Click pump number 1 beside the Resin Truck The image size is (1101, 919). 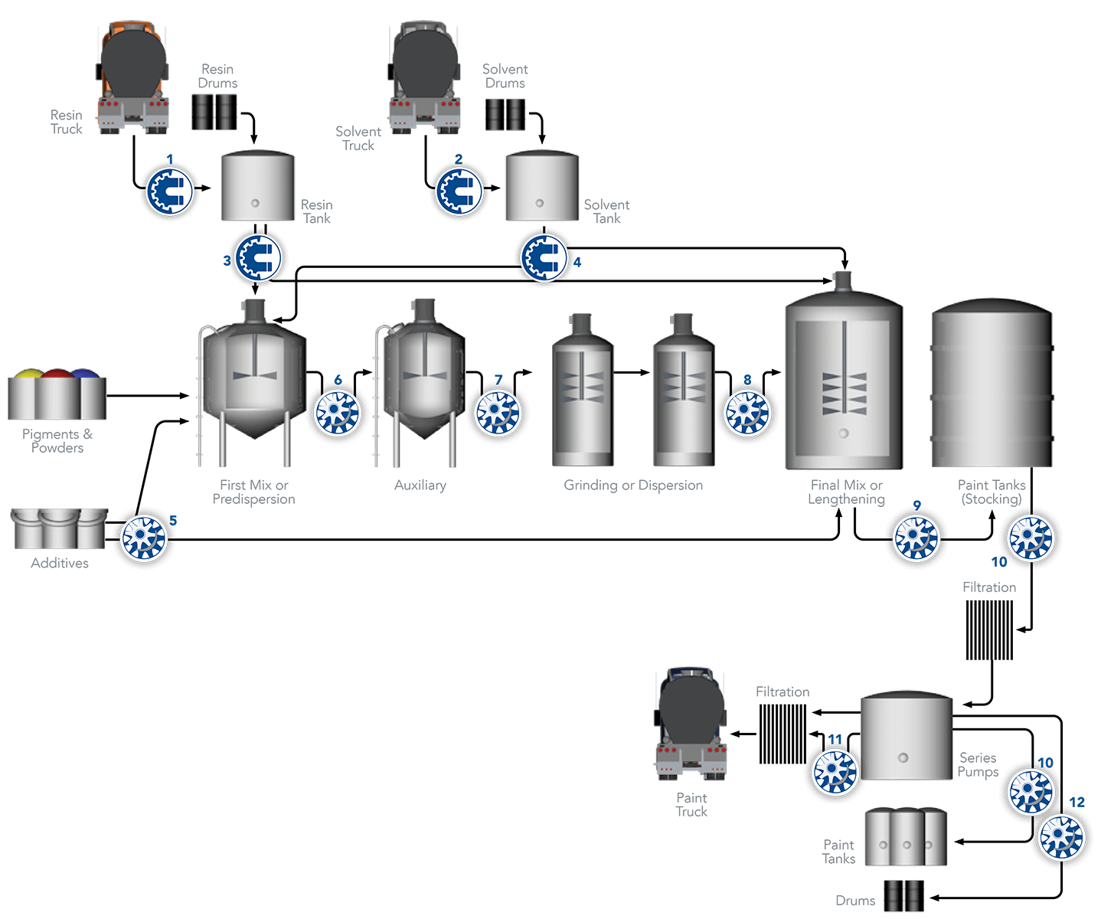click(x=170, y=191)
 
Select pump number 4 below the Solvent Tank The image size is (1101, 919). click(x=544, y=258)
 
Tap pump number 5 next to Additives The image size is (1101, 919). click(x=144, y=536)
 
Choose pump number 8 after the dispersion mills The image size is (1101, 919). click(x=747, y=414)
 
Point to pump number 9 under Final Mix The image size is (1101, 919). click(x=916, y=538)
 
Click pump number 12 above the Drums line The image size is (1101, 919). click(x=1061, y=836)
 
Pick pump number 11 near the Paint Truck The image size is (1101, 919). click(x=835, y=772)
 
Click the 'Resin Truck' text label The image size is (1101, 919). click(x=67, y=123)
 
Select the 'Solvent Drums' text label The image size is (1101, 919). click(x=505, y=77)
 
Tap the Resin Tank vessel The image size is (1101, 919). click(x=257, y=188)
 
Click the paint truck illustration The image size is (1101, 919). click(x=691, y=724)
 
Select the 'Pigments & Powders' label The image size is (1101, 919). click(x=57, y=441)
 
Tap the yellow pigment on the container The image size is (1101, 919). click(x=28, y=374)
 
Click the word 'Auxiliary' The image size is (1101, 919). click(x=420, y=486)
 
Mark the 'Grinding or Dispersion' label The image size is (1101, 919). click(x=633, y=486)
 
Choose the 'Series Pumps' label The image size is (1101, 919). click(x=978, y=765)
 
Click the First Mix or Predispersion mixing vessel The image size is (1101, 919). click(x=252, y=383)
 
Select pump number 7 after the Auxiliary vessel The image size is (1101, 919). click(x=498, y=414)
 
